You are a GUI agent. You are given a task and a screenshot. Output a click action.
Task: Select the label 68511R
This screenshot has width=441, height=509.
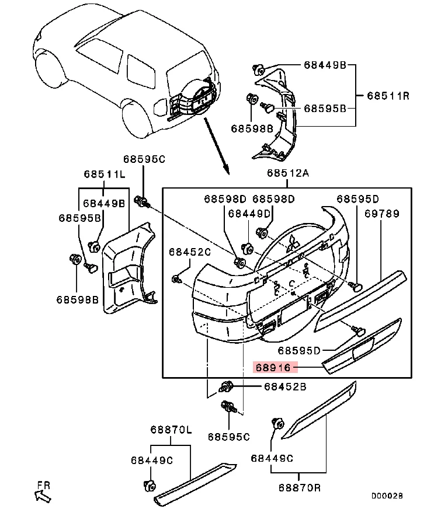point(387,95)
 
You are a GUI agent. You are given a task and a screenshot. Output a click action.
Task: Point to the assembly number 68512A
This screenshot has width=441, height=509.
point(288,173)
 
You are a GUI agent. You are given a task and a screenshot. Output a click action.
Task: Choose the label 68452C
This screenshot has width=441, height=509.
point(189,252)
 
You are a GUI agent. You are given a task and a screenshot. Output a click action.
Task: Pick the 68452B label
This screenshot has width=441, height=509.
point(284,386)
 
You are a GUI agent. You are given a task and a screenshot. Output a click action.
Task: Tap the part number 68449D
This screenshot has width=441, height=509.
point(249,214)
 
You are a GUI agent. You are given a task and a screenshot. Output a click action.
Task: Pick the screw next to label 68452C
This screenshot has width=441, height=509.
point(175,280)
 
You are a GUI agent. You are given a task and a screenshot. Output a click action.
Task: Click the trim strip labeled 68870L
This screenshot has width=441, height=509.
point(196,482)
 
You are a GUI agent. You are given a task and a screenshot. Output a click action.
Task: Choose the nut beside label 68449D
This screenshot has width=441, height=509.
point(246,247)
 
